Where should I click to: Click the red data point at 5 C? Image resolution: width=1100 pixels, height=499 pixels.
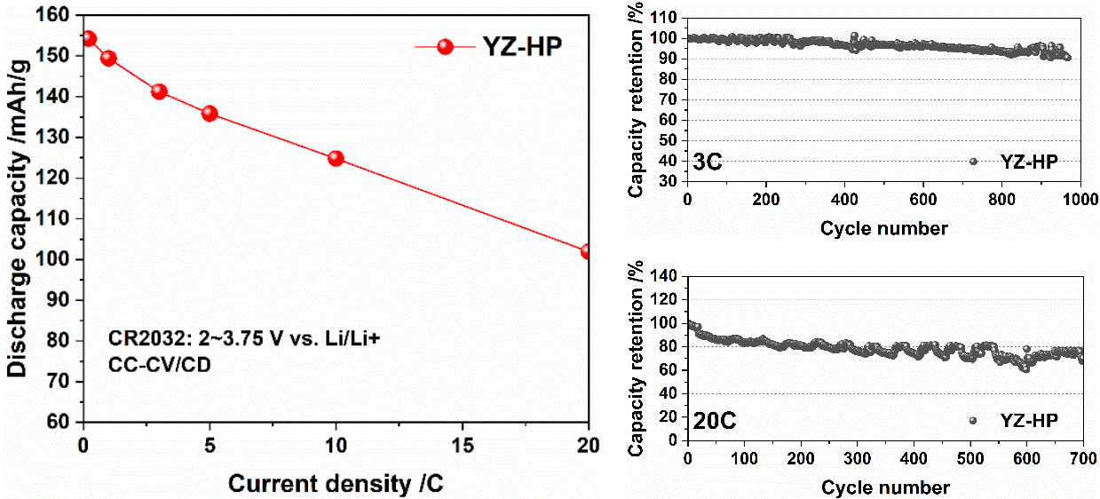coord(210,114)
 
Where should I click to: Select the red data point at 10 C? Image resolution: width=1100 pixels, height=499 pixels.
coord(336,158)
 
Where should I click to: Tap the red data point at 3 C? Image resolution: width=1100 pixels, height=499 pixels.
coord(159,91)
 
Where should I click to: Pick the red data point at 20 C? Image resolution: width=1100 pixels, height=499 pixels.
coord(588,251)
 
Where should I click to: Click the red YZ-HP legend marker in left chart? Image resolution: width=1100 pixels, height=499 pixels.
coord(446,47)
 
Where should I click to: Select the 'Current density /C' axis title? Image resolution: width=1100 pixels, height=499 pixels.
coord(335,484)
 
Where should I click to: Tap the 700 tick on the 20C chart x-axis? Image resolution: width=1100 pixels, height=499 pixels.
coord(1079,457)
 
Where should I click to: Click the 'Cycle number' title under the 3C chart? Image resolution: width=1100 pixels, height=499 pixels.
coord(883,228)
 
